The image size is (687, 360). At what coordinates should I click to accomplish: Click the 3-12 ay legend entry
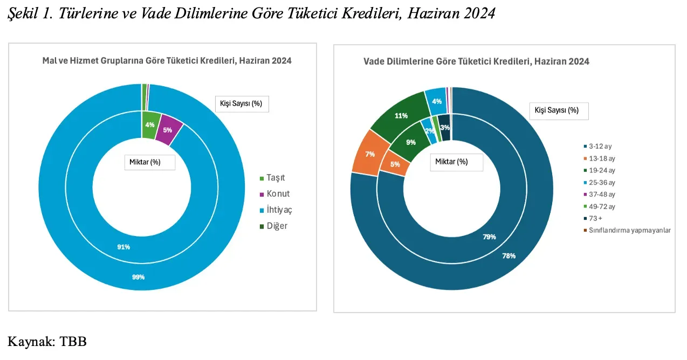click(x=598, y=146)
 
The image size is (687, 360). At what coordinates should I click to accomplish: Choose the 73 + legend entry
click(x=596, y=218)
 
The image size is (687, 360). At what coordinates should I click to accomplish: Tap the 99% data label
click(x=139, y=277)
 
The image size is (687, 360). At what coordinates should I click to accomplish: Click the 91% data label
click(x=124, y=247)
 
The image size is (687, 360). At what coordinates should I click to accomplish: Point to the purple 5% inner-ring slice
click(x=168, y=130)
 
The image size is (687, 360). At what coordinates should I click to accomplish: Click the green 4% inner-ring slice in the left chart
click(x=150, y=124)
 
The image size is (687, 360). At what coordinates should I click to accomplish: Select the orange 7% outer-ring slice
click(x=370, y=154)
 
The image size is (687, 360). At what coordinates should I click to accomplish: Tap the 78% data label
click(x=509, y=256)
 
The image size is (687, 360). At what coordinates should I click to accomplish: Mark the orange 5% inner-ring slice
click(x=395, y=164)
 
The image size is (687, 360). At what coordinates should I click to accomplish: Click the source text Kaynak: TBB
click(x=47, y=341)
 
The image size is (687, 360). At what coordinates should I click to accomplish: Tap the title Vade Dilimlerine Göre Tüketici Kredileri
click(x=476, y=61)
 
